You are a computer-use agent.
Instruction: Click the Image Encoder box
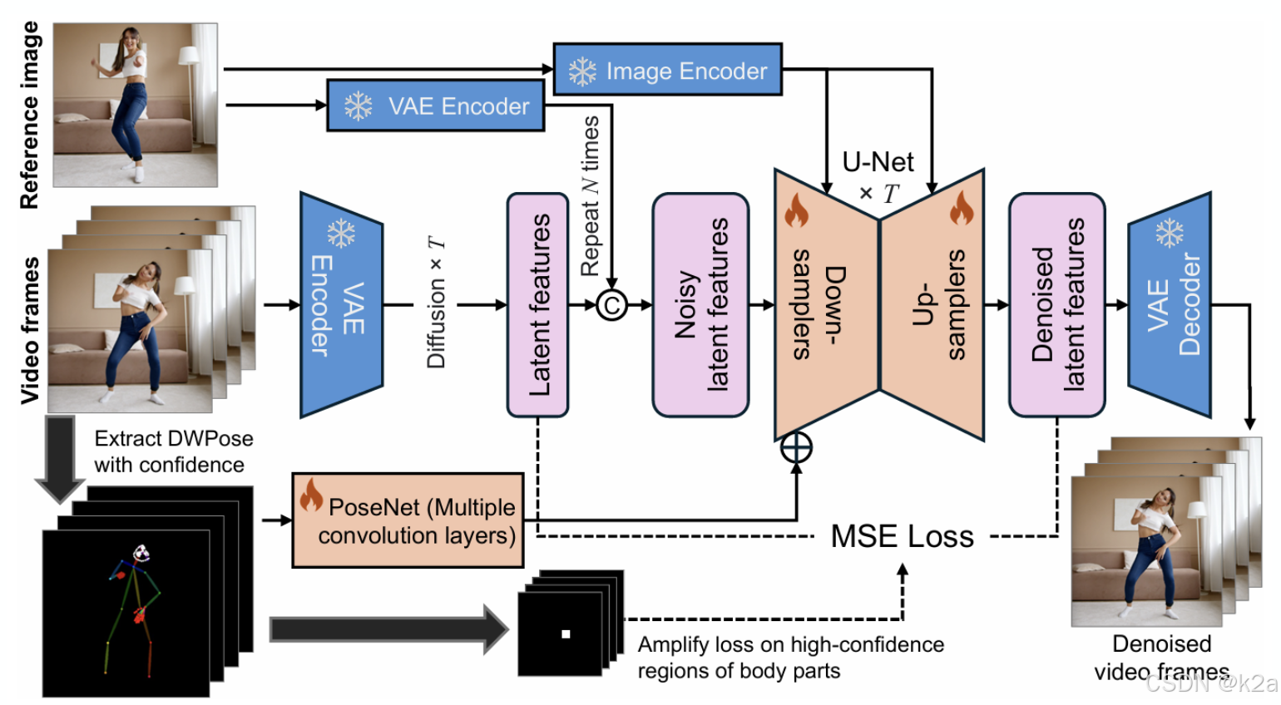[667, 69]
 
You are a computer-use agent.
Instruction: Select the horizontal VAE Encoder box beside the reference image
[435, 106]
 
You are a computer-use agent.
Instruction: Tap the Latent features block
[537, 305]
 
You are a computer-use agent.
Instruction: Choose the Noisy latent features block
[700, 305]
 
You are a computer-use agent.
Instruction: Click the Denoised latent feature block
[1056, 305]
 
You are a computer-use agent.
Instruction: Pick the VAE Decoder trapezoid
[1170, 305]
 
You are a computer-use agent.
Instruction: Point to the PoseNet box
[408, 520]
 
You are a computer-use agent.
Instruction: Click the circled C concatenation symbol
[611, 305]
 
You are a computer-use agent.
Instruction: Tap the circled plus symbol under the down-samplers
[796, 447]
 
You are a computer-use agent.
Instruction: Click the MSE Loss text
[902, 536]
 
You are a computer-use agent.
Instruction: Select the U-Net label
[878, 162]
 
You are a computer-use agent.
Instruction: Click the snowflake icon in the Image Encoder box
[582, 71]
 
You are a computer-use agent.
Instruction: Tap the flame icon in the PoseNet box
[311, 495]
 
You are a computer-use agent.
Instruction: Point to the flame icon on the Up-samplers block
[962, 208]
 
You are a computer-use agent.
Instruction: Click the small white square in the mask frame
[566, 634]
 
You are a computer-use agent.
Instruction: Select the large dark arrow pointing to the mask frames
[389, 629]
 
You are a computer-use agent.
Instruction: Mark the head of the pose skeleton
[141, 553]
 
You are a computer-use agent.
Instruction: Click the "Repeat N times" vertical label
[590, 196]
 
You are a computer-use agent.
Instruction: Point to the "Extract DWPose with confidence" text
[174, 451]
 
